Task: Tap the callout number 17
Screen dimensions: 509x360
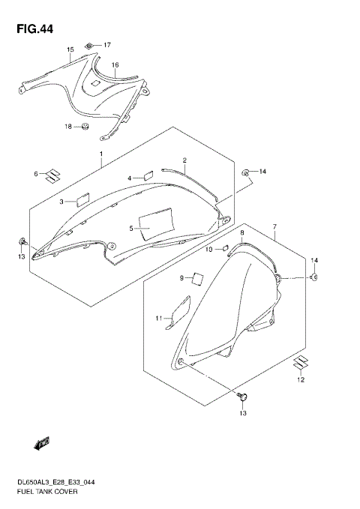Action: click(106, 45)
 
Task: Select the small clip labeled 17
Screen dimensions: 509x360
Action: click(89, 46)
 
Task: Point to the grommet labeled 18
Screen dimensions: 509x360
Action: click(85, 126)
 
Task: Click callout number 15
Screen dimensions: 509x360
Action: click(70, 50)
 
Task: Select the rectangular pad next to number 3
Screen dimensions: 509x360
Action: click(79, 200)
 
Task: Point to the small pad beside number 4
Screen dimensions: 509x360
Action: click(148, 175)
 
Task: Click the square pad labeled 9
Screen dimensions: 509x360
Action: click(197, 278)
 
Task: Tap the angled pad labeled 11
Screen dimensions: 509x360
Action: click(177, 312)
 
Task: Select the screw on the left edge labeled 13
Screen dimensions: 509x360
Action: click(23, 241)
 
